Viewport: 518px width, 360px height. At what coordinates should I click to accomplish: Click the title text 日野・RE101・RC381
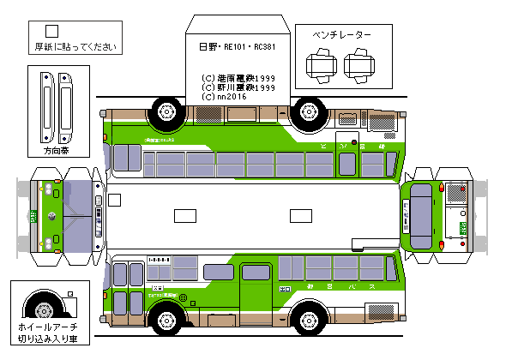coord(237,48)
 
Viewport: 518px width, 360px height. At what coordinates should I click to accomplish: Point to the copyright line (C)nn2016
coord(224,97)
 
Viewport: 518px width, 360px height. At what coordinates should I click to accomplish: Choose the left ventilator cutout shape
coord(321,64)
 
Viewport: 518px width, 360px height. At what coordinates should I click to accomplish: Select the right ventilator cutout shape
coord(356,64)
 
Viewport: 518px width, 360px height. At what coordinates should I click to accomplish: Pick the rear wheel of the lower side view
coord(309,320)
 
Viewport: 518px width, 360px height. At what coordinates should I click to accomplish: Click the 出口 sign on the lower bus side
coord(285,287)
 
